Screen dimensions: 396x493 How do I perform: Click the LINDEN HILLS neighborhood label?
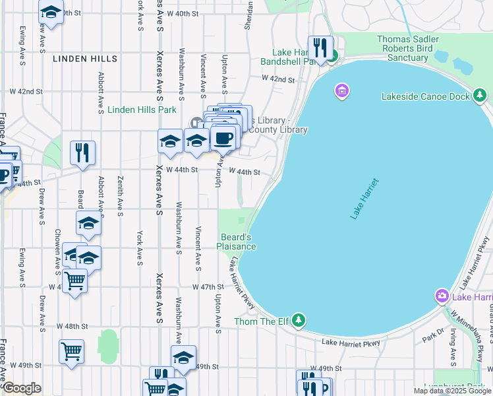coord(84,59)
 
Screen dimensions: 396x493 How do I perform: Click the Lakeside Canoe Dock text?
coord(426,96)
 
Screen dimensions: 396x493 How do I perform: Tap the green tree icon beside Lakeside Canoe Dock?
coord(480,96)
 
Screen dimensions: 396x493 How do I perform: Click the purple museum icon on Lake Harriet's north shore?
coord(341,90)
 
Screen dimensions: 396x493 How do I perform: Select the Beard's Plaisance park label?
coord(237,242)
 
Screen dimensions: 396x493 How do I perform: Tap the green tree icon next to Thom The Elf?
coord(299,321)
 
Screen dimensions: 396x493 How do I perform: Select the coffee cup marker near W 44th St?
coord(223,139)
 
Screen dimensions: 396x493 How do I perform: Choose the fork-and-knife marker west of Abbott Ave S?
coord(82,153)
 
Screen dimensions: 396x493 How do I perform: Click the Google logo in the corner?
coord(22,388)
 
